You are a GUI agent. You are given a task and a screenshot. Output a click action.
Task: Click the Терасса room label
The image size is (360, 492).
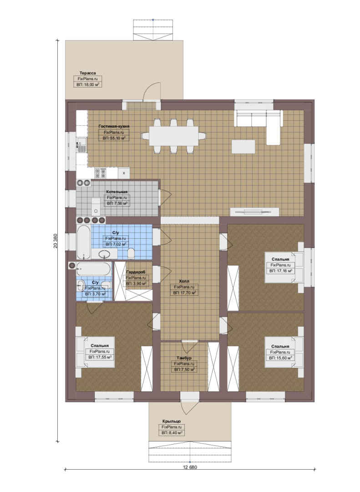tap(87, 73)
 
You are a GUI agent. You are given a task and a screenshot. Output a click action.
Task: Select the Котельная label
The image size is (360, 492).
tap(117, 192)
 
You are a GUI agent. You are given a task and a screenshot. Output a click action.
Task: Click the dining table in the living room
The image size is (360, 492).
tap(174, 136)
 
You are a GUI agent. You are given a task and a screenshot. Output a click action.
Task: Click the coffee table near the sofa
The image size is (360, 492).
tap(243, 147)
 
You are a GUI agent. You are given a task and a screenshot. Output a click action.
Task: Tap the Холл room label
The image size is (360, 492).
tap(184, 282)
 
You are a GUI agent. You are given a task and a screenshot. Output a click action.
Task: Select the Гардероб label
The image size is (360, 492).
tap(136, 272)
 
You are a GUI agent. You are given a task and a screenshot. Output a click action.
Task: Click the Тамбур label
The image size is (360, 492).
tap(184, 358)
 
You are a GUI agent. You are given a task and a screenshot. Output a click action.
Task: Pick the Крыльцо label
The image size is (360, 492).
tap(171, 421)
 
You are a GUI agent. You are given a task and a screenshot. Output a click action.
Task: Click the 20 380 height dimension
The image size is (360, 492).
tap(56, 241)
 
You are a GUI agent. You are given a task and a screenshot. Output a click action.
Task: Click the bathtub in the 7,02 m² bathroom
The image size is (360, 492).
tap(84, 241)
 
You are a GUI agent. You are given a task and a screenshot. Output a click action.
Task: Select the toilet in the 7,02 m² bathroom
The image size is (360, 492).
tap(132, 252)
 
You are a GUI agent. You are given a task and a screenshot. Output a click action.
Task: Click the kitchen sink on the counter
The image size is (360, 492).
tap(81, 145)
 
